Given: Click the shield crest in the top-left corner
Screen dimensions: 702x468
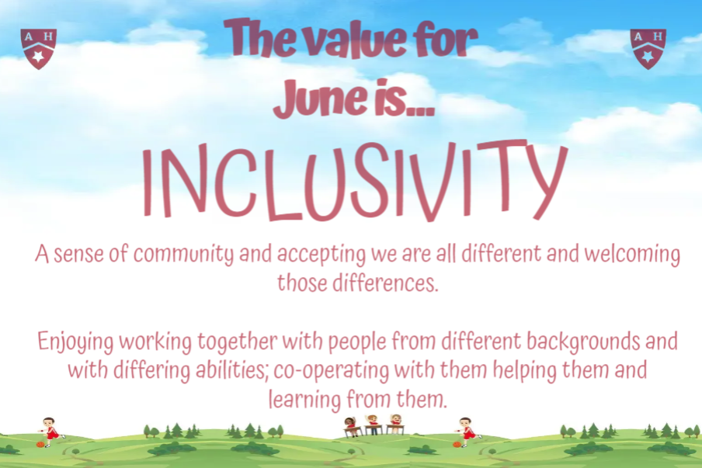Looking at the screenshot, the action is click(x=39, y=49).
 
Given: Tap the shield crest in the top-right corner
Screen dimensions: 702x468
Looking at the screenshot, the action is click(x=648, y=49).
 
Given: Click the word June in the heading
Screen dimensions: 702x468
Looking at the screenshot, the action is click(x=315, y=98).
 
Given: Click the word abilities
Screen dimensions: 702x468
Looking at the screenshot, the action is click(x=232, y=371).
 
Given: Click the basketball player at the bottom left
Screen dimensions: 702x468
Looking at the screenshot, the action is click(x=52, y=431).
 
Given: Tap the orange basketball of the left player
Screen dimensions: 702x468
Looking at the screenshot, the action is click(x=40, y=444).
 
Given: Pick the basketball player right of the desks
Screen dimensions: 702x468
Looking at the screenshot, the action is click(x=467, y=432).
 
